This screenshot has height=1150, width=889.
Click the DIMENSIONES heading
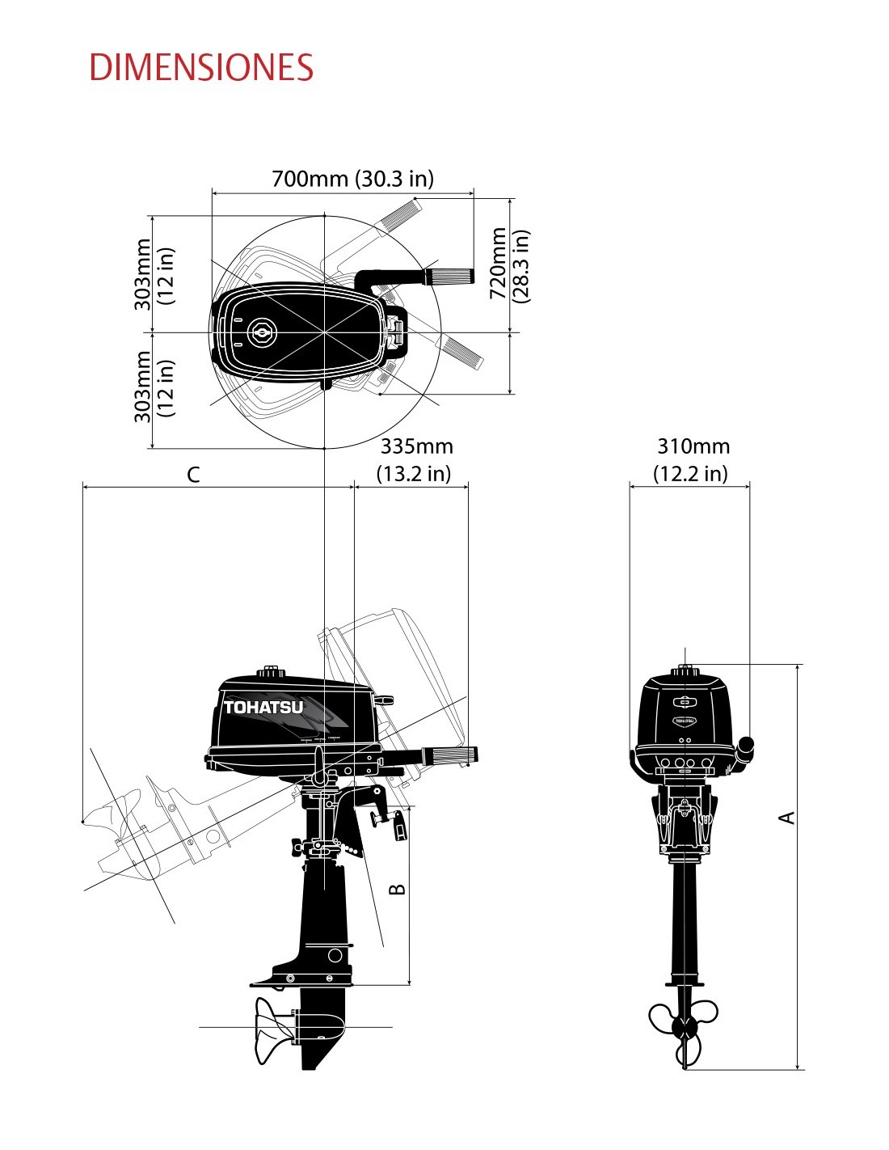click(201, 66)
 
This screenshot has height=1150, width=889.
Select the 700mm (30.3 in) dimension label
click(352, 179)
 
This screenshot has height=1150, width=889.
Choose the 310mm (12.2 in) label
click(692, 460)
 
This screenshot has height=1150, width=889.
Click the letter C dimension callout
click(194, 475)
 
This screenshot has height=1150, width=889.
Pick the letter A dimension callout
click(787, 817)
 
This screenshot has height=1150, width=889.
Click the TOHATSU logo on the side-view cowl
click(263, 708)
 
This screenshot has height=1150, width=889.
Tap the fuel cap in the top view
click(261, 332)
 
